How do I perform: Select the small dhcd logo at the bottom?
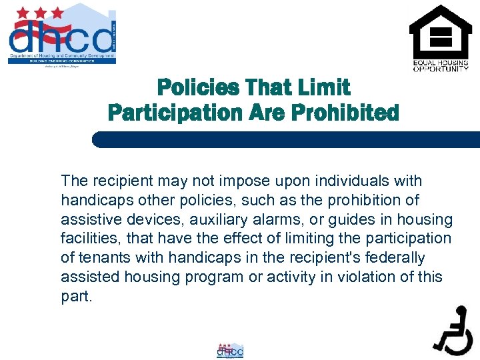230,350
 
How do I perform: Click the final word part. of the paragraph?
76,297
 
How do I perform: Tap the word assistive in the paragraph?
87,219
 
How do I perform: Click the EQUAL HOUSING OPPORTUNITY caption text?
440,65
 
